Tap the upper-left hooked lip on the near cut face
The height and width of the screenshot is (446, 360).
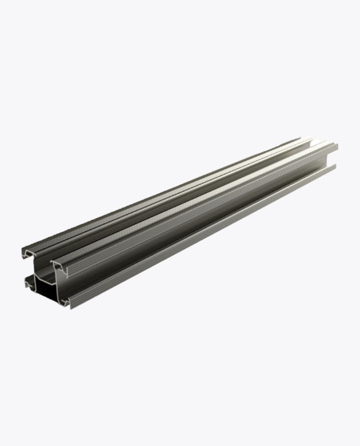[x=28, y=252]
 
